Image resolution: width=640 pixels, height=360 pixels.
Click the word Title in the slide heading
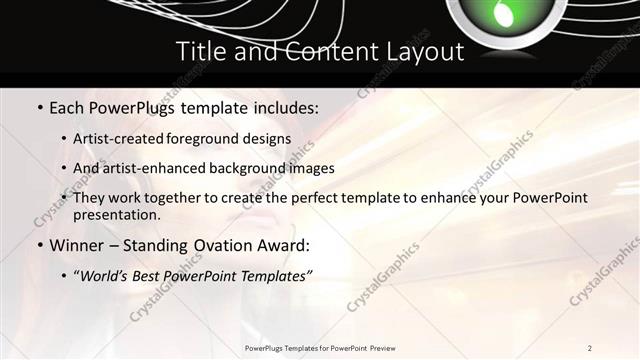199,51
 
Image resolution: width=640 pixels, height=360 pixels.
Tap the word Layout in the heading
423,51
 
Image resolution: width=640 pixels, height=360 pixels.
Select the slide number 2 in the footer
589,347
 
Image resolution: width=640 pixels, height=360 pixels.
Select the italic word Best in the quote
152,274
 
